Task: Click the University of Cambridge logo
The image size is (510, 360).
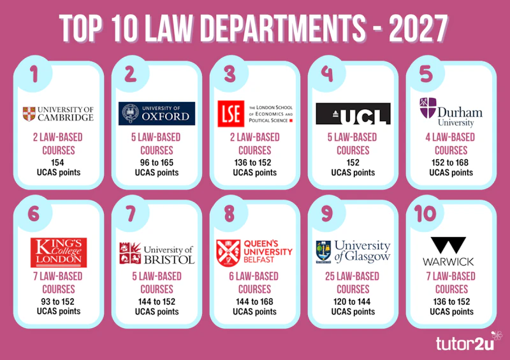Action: tap(58, 114)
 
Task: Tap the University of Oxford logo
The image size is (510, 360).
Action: tap(157, 113)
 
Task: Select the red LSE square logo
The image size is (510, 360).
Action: tap(231, 113)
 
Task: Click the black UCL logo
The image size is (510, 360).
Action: tap(353, 114)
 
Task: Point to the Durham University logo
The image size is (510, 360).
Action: tap(451, 112)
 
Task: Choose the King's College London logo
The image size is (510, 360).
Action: tap(59, 252)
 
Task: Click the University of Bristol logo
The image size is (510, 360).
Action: tap(157, 254)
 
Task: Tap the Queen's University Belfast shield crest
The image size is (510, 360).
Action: tap(228, 253)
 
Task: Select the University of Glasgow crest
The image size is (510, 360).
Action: tap(323, 252)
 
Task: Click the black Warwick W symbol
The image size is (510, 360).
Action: tap(448, 245)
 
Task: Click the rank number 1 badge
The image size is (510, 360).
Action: tap(34, 74)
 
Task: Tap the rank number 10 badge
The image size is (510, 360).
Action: tap(425, 213)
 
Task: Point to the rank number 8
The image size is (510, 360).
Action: tap(229, 213)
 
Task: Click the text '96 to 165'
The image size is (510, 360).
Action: tap(157, 162)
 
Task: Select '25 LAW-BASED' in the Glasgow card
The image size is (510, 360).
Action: tap(353, 277)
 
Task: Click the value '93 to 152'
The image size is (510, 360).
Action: tap(57, 302)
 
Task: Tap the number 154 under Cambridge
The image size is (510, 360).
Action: tap(57, 162)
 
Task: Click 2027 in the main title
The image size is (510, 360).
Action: tap(419, 29)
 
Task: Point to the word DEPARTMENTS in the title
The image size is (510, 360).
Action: tap(282, 29)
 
